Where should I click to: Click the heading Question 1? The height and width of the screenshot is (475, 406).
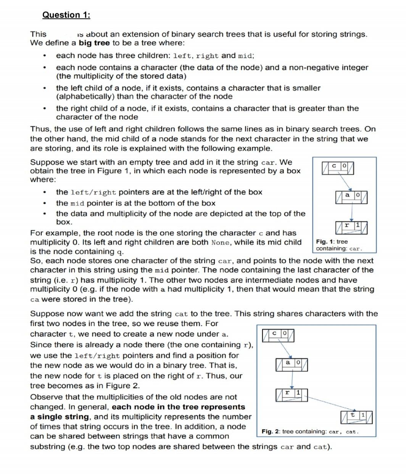(x=66, y=15)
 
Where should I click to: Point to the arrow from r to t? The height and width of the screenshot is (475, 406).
(x=328, y=404)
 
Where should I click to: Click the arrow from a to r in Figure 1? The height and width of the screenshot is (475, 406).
(x=351, y=212)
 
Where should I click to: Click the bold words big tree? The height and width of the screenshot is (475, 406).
(x=94, y=43)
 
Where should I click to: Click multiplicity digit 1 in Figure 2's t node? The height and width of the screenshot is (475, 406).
(x=363, y=414)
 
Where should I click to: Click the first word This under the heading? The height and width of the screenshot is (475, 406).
(x=38, y=34)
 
